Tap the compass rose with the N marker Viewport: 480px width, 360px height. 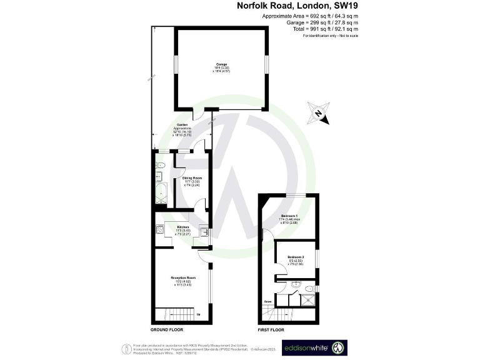[319, 114]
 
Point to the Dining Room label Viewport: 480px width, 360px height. [191, 181]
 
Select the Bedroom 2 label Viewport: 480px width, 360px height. [296, 260]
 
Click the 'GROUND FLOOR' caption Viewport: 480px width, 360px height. [166, 329]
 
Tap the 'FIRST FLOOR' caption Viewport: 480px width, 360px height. [271, 329]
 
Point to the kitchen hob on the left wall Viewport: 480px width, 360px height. [161, 230]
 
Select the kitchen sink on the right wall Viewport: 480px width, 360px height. [204, 231]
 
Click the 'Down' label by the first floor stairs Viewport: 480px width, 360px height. [267, 302]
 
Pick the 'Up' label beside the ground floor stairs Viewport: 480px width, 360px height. [199, 314]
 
